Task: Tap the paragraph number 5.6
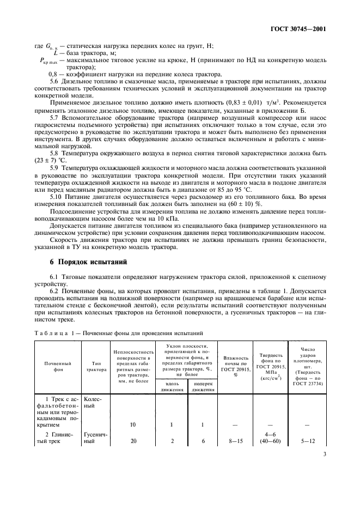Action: [x=54, y=81]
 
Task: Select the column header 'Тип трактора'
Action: [x=94, y=364]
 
